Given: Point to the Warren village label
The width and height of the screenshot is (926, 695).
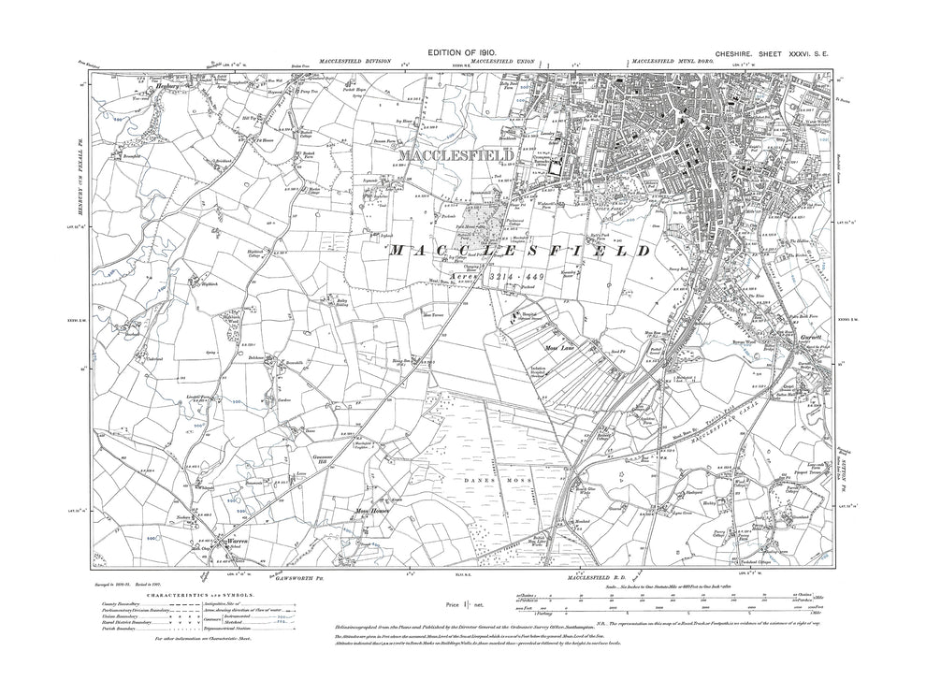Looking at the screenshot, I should (x=233, y=540).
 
